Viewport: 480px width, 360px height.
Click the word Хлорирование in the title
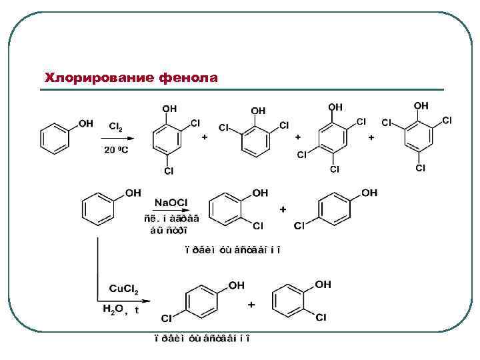(x=99, y=79)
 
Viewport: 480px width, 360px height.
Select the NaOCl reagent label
(x=171, y=203)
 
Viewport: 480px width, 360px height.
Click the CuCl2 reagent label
(x=123, y=289)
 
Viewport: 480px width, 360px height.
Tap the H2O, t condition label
(x=121, y=310)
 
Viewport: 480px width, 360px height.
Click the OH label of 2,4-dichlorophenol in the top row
(x=169, y=107)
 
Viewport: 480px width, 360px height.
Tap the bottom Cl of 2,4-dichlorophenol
(x=169, y=171)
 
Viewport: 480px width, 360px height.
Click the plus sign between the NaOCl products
(x=283, y=209)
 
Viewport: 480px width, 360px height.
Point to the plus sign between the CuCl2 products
(x=251, y=305)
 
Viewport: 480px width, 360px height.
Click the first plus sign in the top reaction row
(x=205, y=137)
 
